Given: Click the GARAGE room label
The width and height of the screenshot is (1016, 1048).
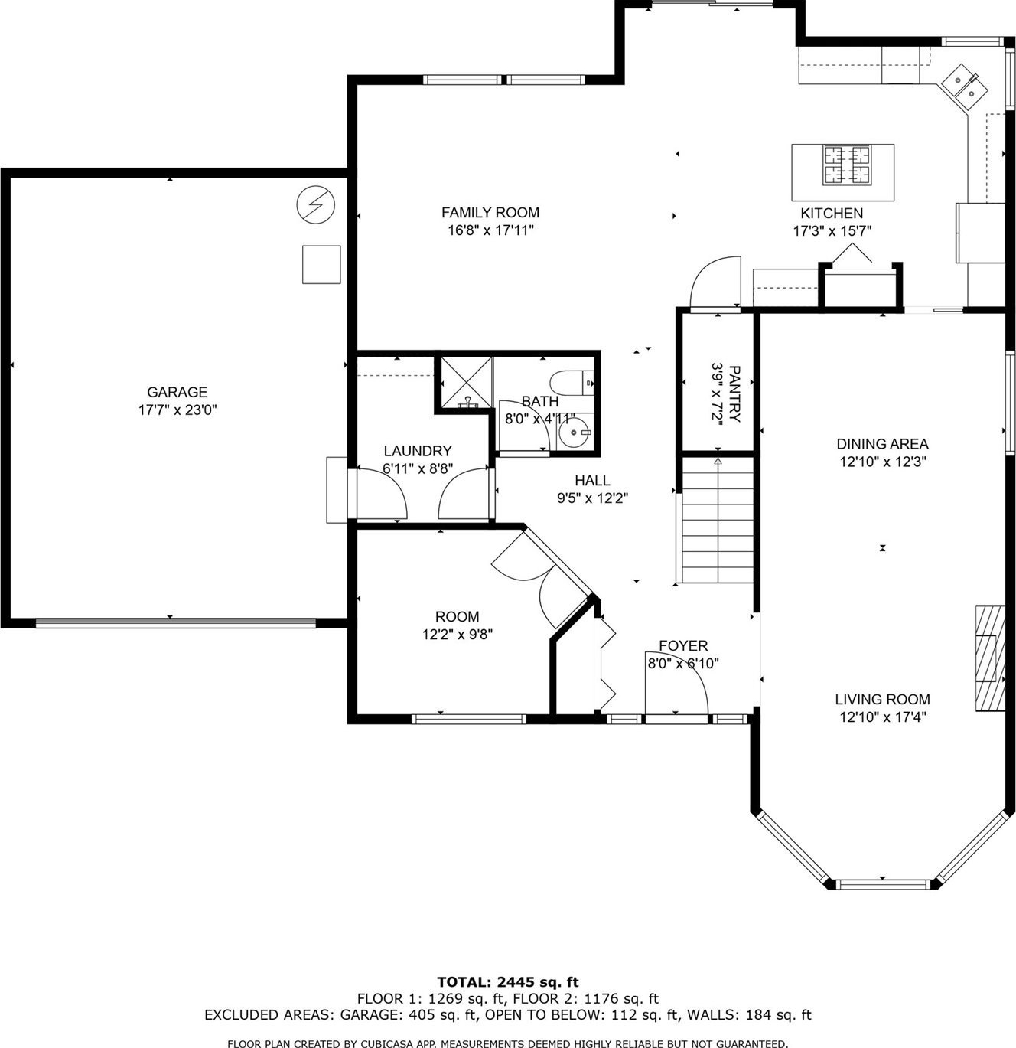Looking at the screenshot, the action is click(x=177, y=391).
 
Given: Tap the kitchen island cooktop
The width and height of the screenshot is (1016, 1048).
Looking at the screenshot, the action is click(x=846, y=165).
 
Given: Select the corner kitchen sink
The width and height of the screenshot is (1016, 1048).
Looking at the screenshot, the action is click(x=964, y=88).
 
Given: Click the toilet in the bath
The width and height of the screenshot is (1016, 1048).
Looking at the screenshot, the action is click(x=571, y=382).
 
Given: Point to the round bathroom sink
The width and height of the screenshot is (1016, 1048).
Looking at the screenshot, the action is click(x=575, y=432).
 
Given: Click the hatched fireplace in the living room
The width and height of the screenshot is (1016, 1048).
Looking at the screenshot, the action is click(x=990, y=658).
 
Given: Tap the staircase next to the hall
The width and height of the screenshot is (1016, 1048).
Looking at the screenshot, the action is click(x=718, y=520).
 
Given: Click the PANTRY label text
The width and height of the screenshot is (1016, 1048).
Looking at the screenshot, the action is click(x=734, y=394).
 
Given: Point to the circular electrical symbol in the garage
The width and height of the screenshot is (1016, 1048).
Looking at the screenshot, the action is click(x=315, y=204).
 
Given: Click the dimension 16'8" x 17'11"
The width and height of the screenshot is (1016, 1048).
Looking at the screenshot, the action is click(x=490, y=230).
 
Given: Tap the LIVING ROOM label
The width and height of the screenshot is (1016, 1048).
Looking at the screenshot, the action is click(x=882, y=699).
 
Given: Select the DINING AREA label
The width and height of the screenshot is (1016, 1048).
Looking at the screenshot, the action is click(x=882, y=444).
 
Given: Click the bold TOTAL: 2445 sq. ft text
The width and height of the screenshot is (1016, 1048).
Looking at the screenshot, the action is click(x=507, y=981).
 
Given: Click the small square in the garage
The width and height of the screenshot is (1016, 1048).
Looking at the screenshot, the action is click(x=321, y=264).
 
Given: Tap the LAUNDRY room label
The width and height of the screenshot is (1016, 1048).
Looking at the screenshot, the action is click(x=418, y=451).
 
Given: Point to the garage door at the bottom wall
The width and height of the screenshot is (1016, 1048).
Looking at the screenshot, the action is click(x=175, y=622).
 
